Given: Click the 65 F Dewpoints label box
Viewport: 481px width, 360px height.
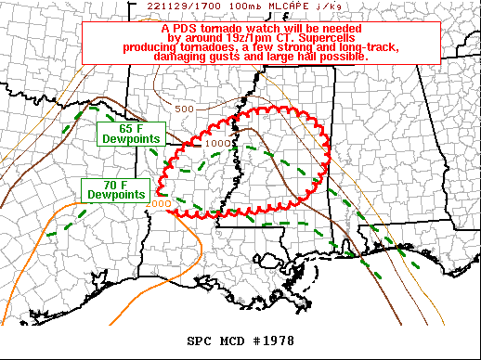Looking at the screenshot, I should [130, 133].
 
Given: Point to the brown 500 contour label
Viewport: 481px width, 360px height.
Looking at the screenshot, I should [184, 109].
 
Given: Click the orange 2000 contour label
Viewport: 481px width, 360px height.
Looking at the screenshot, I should [159, 203].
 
